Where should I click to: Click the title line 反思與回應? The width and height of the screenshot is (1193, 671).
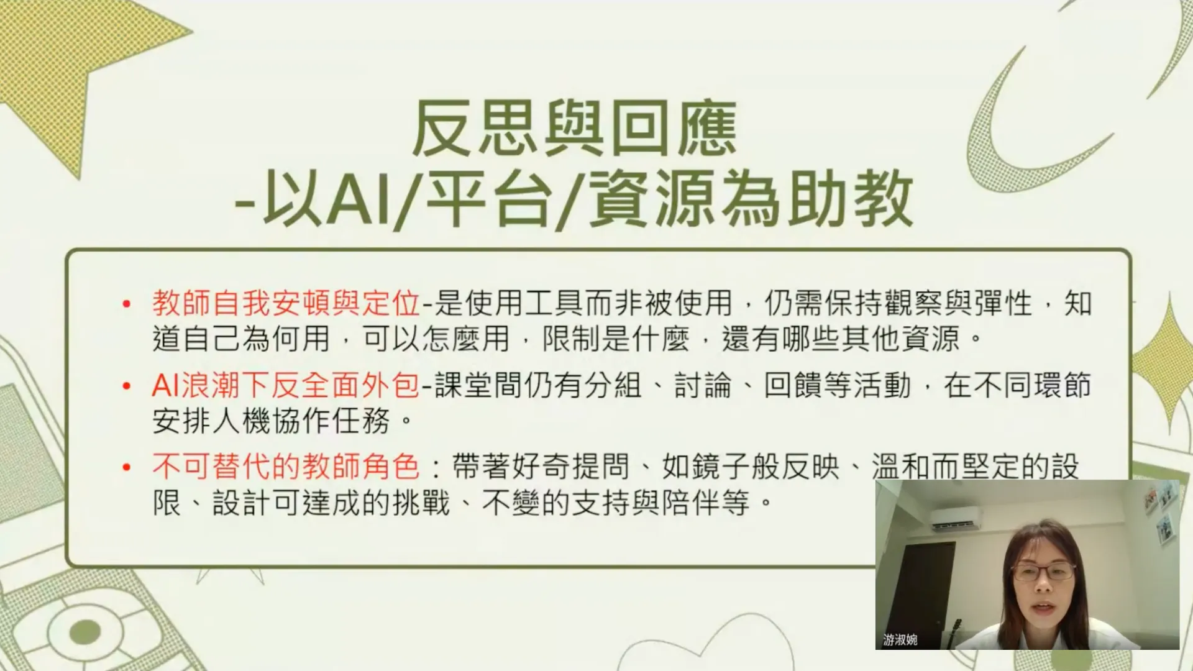(x=575, y=129)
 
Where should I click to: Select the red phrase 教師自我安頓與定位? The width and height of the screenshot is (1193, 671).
(x=286, y=303)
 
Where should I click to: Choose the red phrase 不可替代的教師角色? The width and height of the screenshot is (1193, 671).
(x=286, y=467)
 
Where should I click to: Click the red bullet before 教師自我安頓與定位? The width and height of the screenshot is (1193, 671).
(x=127, y=304)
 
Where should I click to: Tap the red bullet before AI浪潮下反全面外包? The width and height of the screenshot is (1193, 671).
(x=127, y=386)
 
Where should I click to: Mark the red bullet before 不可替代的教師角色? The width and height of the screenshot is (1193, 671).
(x=127, y=467)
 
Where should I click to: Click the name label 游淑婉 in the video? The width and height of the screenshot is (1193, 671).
(x=900, y=640)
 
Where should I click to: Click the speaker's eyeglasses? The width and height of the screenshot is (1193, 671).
(x=1043, y=572)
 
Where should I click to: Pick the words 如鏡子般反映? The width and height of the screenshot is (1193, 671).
(x=751, y=467)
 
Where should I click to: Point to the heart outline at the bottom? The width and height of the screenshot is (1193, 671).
(x=739, y=646)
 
